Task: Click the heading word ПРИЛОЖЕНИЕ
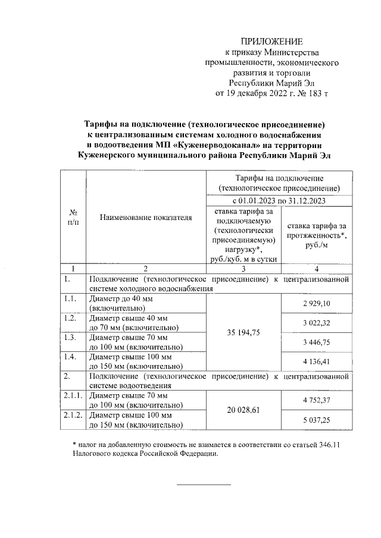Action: [x=271, y=41]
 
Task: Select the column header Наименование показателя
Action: [x=146, y=218]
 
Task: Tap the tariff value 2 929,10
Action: [x=316, y=303]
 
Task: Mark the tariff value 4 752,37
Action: [x=316, y=399]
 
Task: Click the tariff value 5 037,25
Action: [x=316, y=420]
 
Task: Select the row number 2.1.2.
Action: [x=74, y=416]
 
